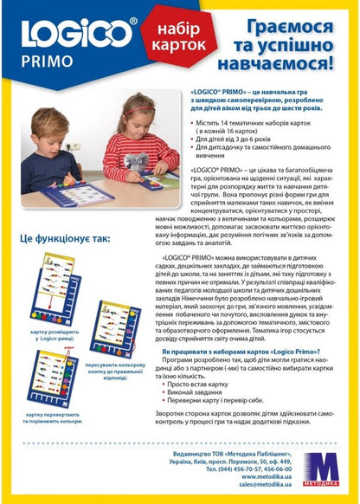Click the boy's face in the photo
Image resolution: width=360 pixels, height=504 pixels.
pos(63,129)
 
